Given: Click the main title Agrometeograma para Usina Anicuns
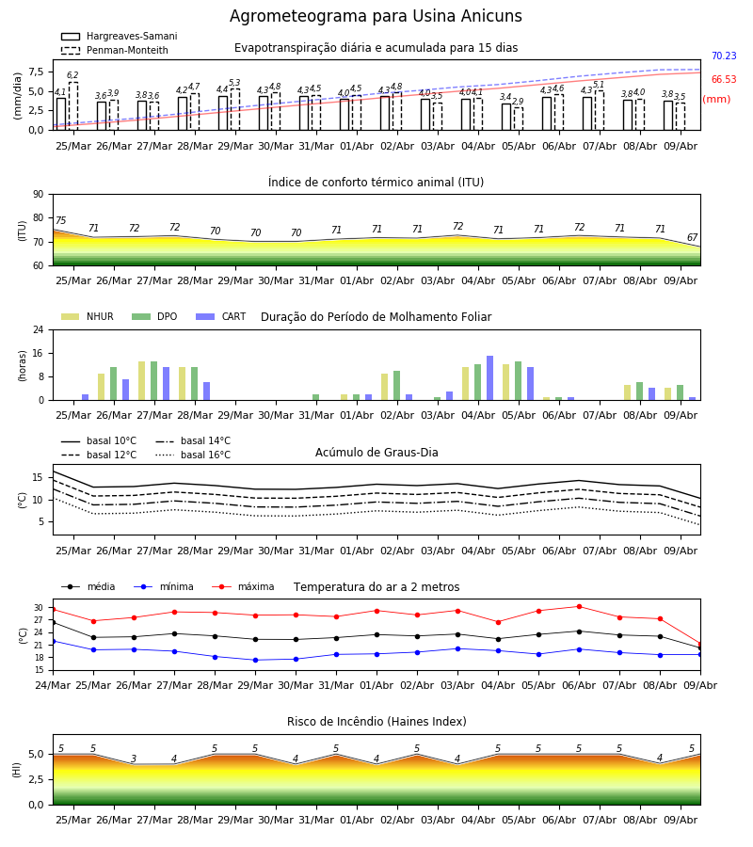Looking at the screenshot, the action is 376,16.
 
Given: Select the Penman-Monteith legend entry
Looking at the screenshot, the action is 115,50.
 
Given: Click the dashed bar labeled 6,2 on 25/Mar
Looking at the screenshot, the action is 72,105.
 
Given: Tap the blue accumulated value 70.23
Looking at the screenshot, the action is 724,56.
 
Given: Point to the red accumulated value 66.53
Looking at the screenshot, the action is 724,79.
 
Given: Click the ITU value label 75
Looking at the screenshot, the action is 60,220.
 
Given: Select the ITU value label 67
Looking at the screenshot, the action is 692,238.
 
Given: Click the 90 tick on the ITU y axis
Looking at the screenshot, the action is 39,195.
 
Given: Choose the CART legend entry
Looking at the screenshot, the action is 221,316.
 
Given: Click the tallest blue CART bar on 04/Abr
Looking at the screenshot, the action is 490,378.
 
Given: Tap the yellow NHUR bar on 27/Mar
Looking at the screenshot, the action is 141,381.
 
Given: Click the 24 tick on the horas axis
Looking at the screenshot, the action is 39,329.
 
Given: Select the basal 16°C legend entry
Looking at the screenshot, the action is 193,455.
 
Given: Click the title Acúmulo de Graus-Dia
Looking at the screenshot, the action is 376,453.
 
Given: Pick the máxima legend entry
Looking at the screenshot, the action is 243,586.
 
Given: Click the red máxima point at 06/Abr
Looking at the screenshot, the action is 579,607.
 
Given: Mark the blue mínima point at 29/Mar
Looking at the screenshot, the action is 255,660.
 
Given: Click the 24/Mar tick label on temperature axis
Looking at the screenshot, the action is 53,685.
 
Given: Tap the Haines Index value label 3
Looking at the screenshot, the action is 134,759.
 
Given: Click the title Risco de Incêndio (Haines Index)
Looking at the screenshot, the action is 376,722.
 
